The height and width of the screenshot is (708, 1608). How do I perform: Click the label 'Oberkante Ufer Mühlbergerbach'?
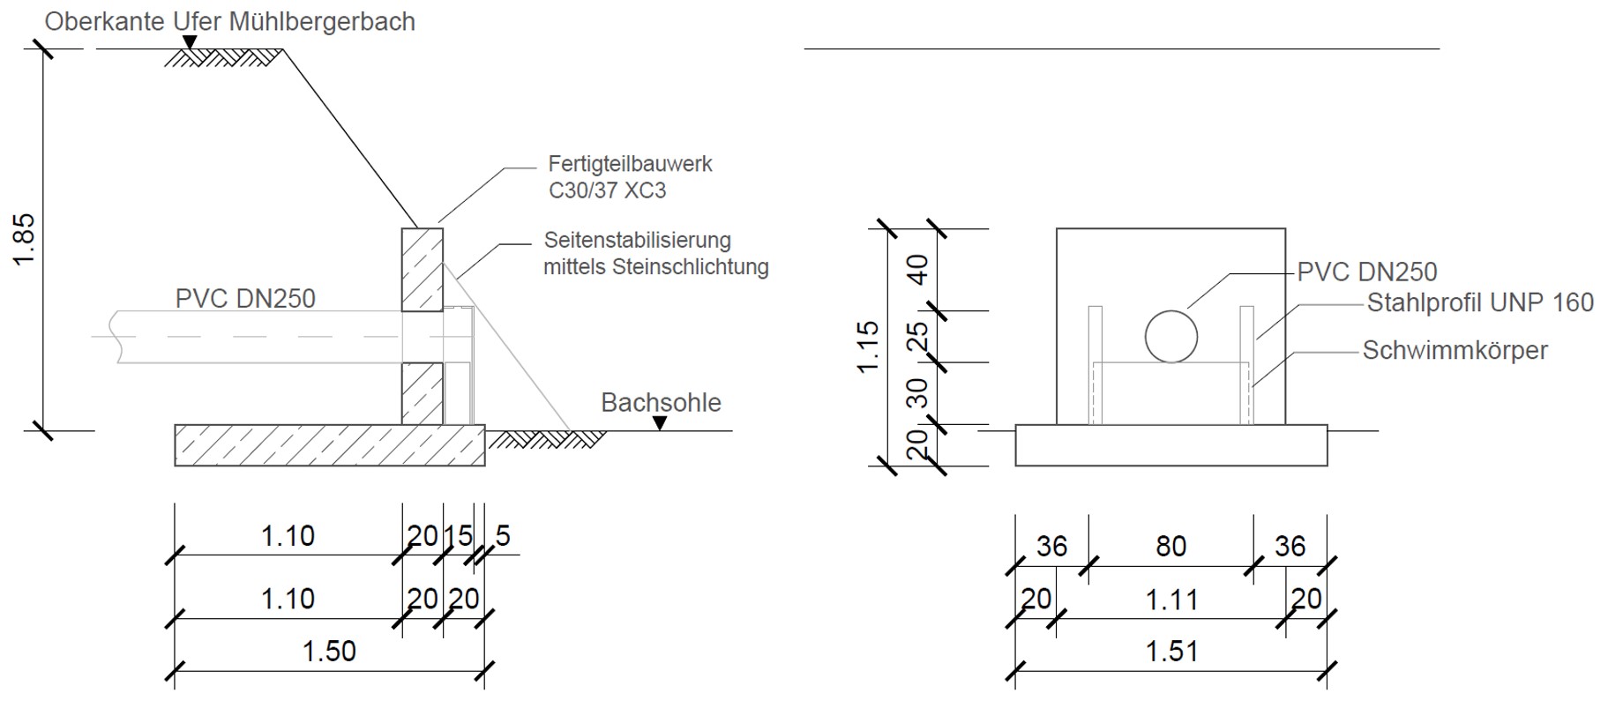pos(230,21)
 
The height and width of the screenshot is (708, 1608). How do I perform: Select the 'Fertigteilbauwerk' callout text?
pos(630,164)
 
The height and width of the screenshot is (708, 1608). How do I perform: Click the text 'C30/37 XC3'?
pos(607,190)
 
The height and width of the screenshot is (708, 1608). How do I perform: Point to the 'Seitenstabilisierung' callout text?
pos(637,240)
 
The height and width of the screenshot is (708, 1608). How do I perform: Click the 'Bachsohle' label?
pos(661,403)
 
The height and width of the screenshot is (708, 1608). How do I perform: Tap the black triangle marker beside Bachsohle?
pos(660,424)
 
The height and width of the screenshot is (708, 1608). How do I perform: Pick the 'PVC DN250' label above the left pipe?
pos(245,299)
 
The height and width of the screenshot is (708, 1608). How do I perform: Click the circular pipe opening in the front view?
pos(1171,336)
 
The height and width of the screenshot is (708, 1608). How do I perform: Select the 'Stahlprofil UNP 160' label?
pos(1480,303)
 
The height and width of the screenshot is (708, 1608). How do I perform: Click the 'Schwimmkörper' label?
pos(1455,351)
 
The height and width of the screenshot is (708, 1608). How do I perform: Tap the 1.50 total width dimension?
pos(329,652)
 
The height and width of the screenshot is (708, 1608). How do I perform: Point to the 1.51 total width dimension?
pos(1171,652)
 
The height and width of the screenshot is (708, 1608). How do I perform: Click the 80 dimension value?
pos(1170,547)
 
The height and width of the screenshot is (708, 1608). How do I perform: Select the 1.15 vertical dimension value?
pos(868,347)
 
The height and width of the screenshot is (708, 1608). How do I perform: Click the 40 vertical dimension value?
pos(918,269)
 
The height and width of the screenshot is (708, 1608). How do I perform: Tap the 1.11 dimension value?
pos(1171,600)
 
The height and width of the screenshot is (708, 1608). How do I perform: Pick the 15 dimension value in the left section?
pos(458,536)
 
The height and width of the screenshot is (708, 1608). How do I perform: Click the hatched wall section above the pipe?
pos(423,270)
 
